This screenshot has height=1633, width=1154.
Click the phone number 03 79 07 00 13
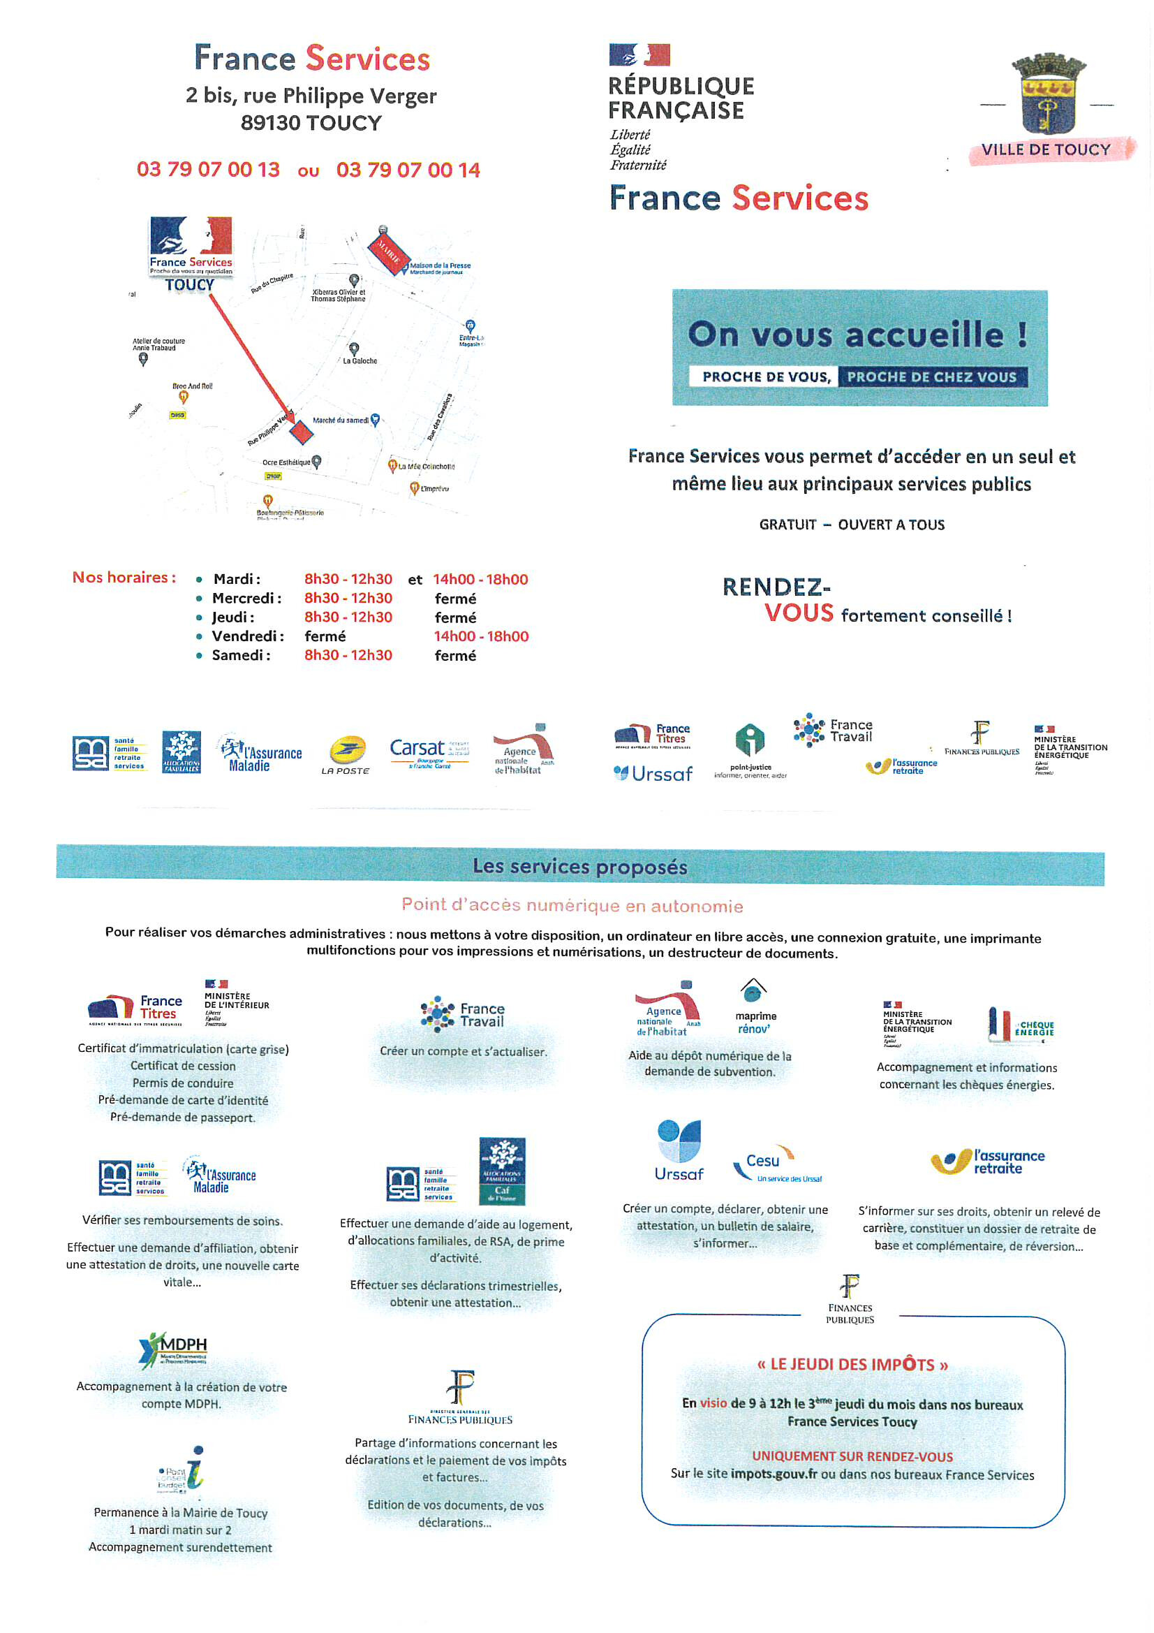208,169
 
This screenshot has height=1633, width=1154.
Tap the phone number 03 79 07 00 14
408,169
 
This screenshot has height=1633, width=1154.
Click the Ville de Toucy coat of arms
1048,94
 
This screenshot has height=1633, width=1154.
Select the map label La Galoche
360,360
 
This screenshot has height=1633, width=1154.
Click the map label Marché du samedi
341,420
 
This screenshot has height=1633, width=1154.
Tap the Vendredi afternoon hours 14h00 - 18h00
482,636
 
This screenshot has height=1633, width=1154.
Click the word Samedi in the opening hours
239,655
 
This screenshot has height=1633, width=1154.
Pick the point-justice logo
750,751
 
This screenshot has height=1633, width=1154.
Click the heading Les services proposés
579,866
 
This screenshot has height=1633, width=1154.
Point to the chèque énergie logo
1021,1025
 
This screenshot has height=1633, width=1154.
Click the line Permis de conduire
183,1083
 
